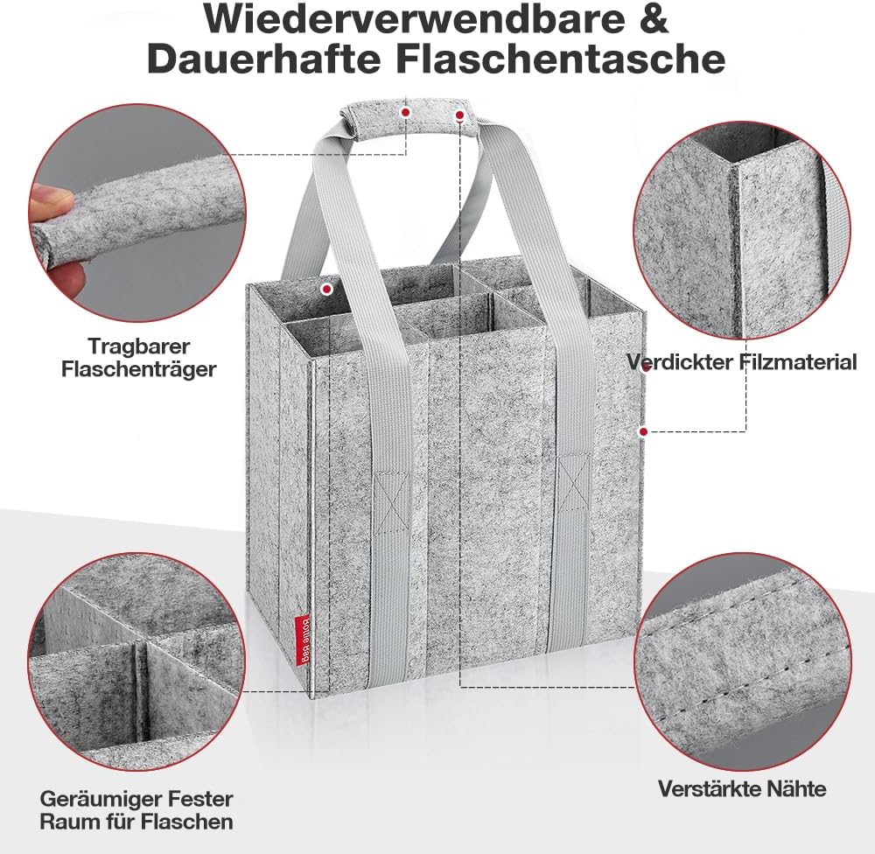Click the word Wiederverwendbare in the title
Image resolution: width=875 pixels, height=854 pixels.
point(415,18)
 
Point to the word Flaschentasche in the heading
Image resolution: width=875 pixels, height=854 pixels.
point(561,59)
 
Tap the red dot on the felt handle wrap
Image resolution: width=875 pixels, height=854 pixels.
point(406,112)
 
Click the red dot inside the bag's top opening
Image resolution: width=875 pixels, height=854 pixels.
point(326,289)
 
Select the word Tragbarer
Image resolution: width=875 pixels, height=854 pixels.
point(139,347)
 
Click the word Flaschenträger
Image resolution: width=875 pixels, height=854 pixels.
point(139,369)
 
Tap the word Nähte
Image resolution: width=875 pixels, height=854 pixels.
point(799,788)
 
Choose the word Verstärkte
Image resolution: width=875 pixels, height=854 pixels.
point(712,788)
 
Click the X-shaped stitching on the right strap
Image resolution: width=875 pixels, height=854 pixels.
point(574,484)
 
